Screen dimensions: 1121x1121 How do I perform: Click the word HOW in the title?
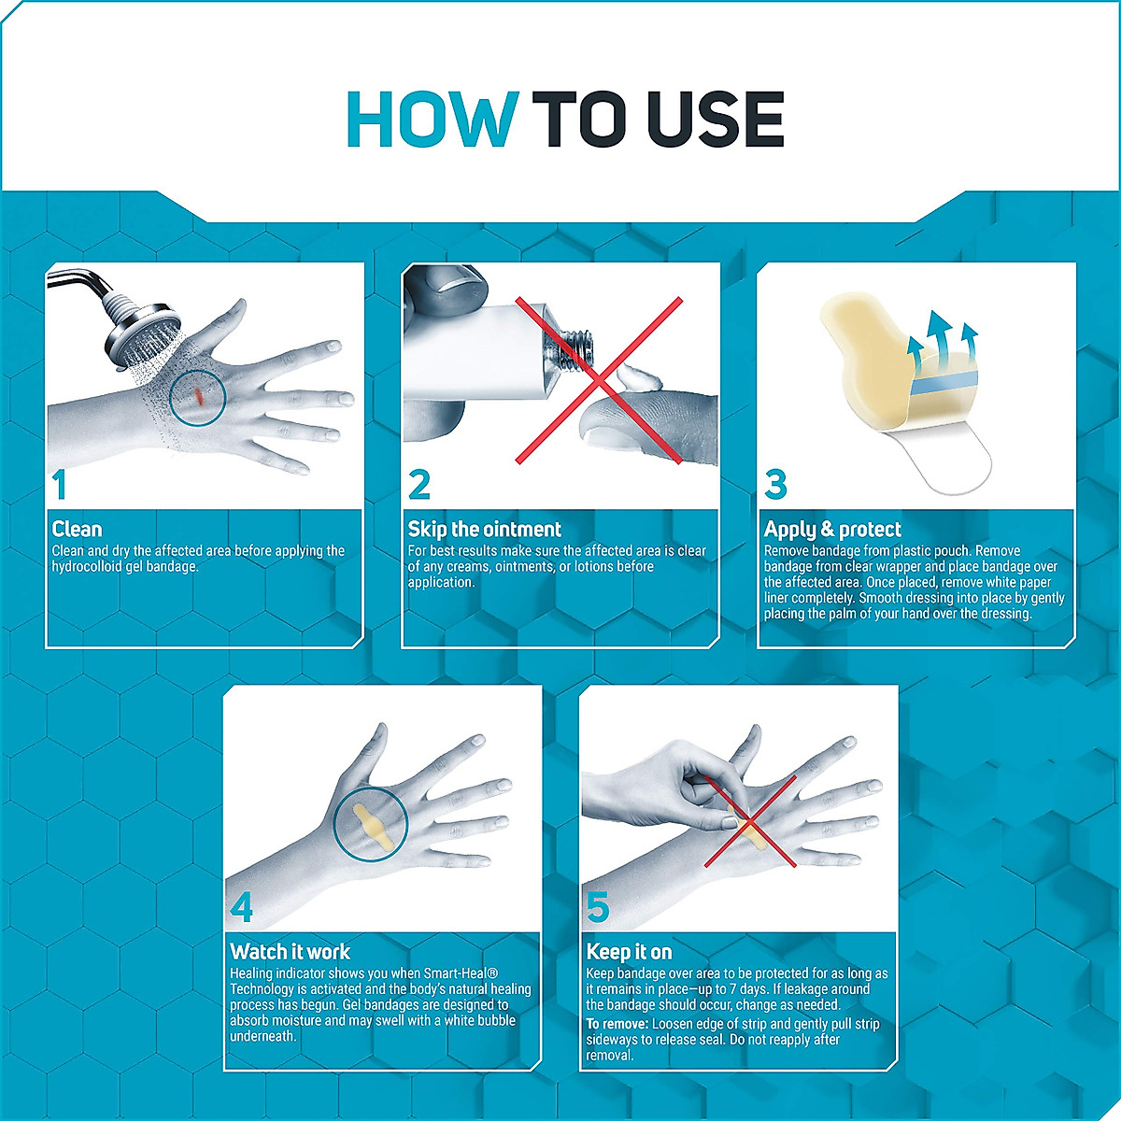(433, 120)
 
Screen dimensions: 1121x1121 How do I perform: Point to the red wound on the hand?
(198, 396)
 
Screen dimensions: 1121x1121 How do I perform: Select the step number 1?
(59, 485)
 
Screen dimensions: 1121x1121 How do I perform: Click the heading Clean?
(77, 529)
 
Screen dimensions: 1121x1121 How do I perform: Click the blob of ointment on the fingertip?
(638, 378)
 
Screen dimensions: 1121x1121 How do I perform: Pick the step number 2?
(419, 485)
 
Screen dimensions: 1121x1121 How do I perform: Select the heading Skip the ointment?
(484, 529)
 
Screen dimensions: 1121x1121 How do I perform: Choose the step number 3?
(775, 485)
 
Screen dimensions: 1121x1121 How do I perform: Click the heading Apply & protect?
(832, 529)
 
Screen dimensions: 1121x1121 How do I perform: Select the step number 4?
(241, 907)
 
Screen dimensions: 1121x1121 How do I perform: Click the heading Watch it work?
(290, 952)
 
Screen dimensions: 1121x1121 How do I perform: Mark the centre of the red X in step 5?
(749, 821)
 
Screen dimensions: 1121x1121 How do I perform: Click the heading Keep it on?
(629, 952)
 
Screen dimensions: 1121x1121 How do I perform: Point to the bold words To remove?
(617, 1024)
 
